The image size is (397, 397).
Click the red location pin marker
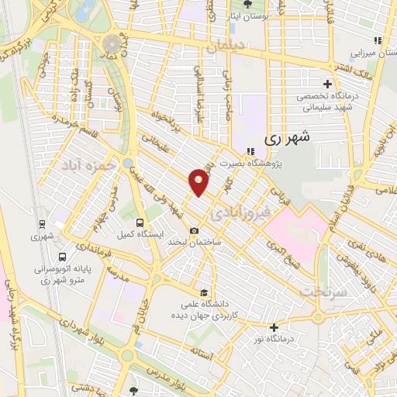click(199, 181)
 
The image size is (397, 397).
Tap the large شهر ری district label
click(287, 139)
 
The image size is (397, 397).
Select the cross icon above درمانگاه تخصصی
click(327, 84)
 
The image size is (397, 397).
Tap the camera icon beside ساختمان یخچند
click(195, 231)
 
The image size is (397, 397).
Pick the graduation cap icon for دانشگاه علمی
click(202, 292)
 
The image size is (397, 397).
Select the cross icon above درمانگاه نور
click(273, 327)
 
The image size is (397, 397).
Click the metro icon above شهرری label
click(40, 224)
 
